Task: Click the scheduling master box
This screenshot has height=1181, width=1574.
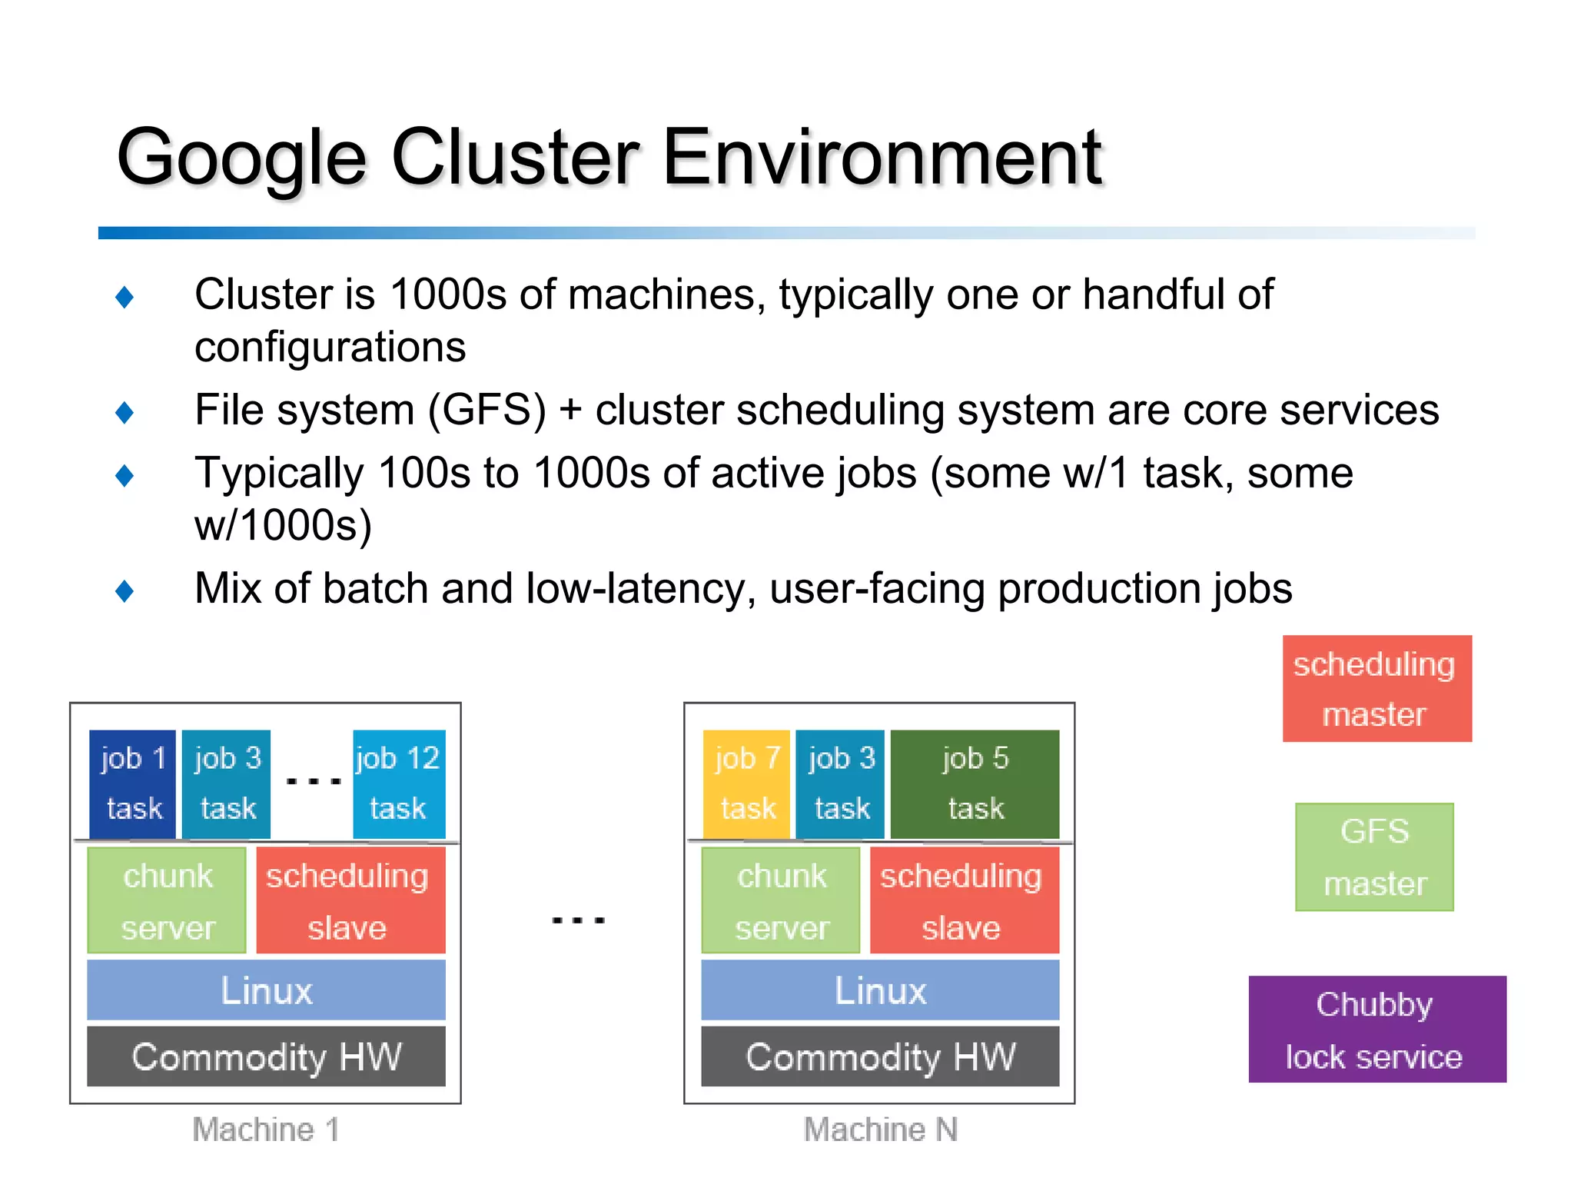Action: point(1376,688)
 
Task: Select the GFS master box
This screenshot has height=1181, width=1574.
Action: point(1374,857)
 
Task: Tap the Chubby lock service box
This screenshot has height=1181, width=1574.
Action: point(1376,1029)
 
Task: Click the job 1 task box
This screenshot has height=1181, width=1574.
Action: point(133,783)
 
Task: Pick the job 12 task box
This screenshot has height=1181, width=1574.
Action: point(398,783)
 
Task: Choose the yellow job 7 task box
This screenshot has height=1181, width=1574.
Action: point(746,783)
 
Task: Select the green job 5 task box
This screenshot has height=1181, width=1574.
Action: point(975,783)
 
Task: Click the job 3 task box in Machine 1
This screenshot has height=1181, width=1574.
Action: point(227,783)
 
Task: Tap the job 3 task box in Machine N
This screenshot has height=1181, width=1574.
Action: point(841,783)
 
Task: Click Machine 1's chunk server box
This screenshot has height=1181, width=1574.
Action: point(167,900)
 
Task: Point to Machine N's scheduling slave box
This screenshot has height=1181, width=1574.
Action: point(964,900)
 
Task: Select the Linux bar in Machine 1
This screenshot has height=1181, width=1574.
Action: point(266,990)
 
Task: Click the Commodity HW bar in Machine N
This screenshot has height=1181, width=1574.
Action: point(880,1056)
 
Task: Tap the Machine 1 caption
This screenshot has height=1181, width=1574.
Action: point(265,1129)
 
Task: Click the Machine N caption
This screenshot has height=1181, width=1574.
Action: point(880,1129)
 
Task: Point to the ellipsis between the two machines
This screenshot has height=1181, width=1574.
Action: point(578,919)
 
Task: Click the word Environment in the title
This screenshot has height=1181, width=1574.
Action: point(882,158)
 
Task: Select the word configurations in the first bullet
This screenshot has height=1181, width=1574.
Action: point(330,347)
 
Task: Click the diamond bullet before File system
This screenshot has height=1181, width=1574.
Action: point(125,412)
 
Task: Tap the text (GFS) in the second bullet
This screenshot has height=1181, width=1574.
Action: point(486,410)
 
